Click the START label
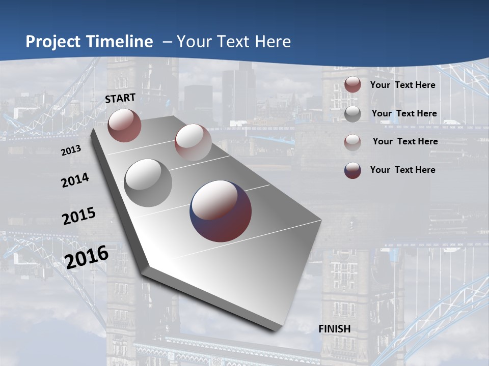pyautogui.click(x=120, y=98)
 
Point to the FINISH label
pyautogui.click(x=335, y=329)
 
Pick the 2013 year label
pyautogui.click(x=71, y=151)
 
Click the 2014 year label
pyautogui.click(x=75, y=180)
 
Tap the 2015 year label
pyautogui.click(x=78, y=216)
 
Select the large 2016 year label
pyautogui.click(x=87, y=257)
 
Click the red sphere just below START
pyautogui.click(x=124, y=125)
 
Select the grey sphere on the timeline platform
pyautogui.click(x=148, y=182)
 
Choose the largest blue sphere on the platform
pyautogui.click(x=221, y=211)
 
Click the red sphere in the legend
pyautogui.click(x=352, y=84)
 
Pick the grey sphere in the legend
pyautogui.click(x=352, y=113)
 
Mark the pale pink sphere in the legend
pyautogui.click(x=352, y=142)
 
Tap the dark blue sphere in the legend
pyautogui.click(x=352, y=170)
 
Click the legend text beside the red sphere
pyautogui.click(x=402, y=85)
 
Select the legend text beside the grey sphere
pyautogui.click(x=404, y=113)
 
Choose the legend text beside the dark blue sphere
pyautogui.click(x=402, y=170)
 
